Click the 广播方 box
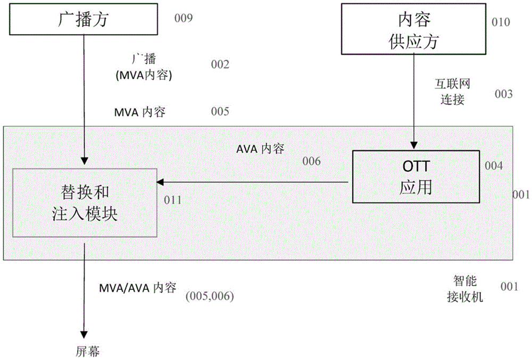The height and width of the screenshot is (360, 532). click(82, 21)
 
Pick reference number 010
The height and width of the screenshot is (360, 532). click(501, 22)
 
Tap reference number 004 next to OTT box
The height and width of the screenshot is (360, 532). click(494, 165)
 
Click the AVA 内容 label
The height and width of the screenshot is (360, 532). click(260, 149)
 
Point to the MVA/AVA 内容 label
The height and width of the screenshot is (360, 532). click(137, 288)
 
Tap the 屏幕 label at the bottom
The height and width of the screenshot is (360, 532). click(87, 350)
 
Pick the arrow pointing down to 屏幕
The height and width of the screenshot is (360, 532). click(84, 298)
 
